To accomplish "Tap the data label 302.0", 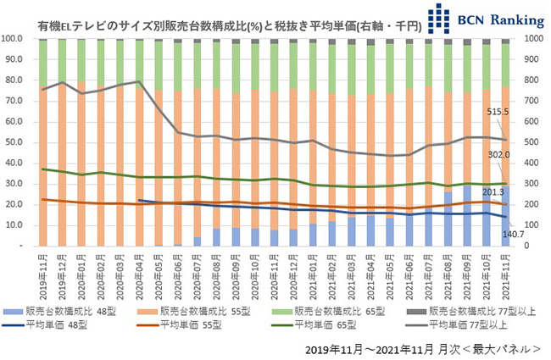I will click(499, 154).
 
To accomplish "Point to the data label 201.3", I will click(499, 192).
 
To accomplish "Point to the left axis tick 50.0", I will click(14, 142).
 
